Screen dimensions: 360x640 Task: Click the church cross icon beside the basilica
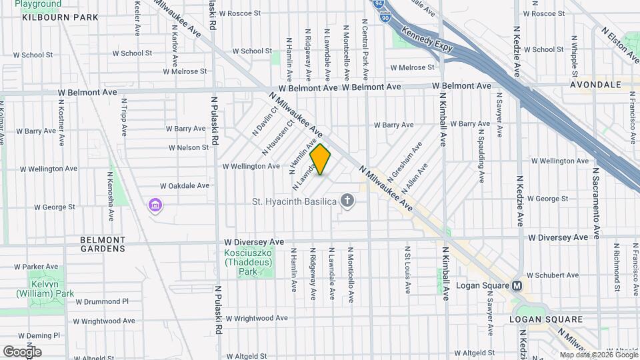pyautogui.click(x=347, y=200)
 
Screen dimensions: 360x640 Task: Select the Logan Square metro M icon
pyautogui.click(x=517, y=285)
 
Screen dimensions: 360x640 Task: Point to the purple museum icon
pyautogui.click(x=155, y=204)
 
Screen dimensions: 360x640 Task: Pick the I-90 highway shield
pyautogui.click(x=385, y=18)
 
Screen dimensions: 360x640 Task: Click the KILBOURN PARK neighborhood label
pyautogui.click(x=55, y=17)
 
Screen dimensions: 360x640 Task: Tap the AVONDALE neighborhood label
pyautogui.click(x=595, y=85)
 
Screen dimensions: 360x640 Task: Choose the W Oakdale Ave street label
pyautogui.click(x=185, y=186)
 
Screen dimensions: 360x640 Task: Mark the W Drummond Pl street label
pyautogui.click(x=101, y=301)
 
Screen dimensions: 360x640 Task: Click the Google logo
pyautogui.click(x=22, y=351)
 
